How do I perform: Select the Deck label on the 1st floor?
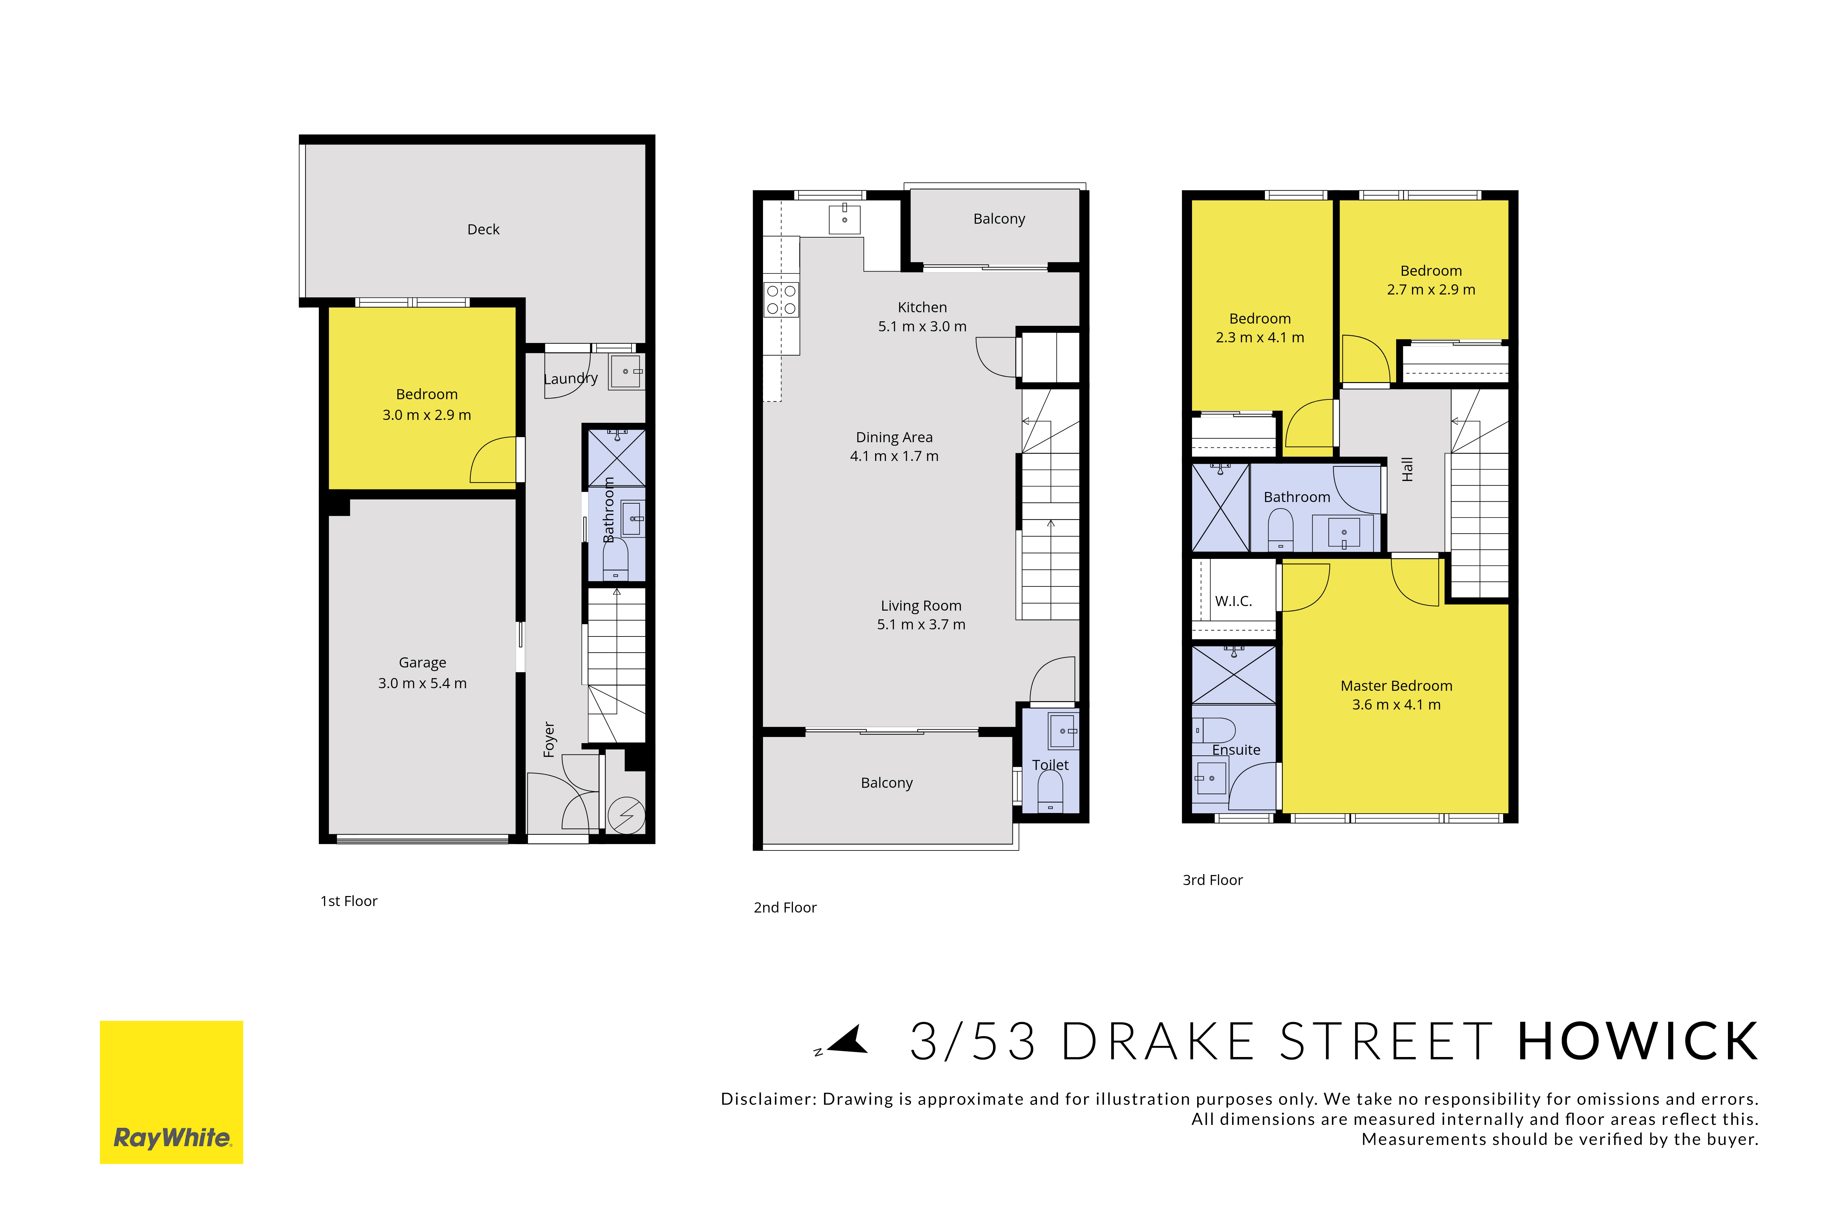tap(483, 230)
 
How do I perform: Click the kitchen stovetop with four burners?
tap(781, 300)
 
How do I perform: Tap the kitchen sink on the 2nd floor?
tap(844, 219)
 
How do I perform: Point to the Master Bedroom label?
tap(1396, 686)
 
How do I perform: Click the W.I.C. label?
tap(1234, 602)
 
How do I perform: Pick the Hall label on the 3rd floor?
tap(1407, 469)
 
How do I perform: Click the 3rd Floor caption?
tap(1212, 880)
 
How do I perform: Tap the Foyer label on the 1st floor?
tap(549, 739)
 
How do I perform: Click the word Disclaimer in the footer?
tap(769, 1099)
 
